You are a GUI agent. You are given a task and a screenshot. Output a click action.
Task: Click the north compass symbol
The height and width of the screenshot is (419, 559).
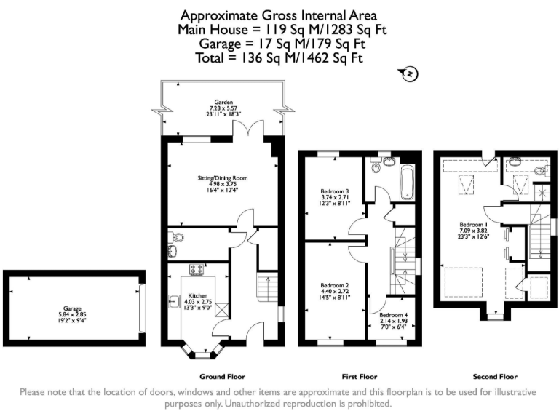point(410,73)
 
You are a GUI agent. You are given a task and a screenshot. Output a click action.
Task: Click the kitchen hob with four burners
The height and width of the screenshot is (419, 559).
point(196,269)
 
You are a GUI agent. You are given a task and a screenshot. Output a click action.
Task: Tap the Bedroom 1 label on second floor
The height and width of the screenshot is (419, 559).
point(474,224)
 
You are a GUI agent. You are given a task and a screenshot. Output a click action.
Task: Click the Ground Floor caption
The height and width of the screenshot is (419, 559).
point(223,376)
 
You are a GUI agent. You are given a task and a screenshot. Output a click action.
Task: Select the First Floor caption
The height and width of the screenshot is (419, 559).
point(360,376)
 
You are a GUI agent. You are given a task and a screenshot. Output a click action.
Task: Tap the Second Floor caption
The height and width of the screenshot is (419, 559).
point(495,376)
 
